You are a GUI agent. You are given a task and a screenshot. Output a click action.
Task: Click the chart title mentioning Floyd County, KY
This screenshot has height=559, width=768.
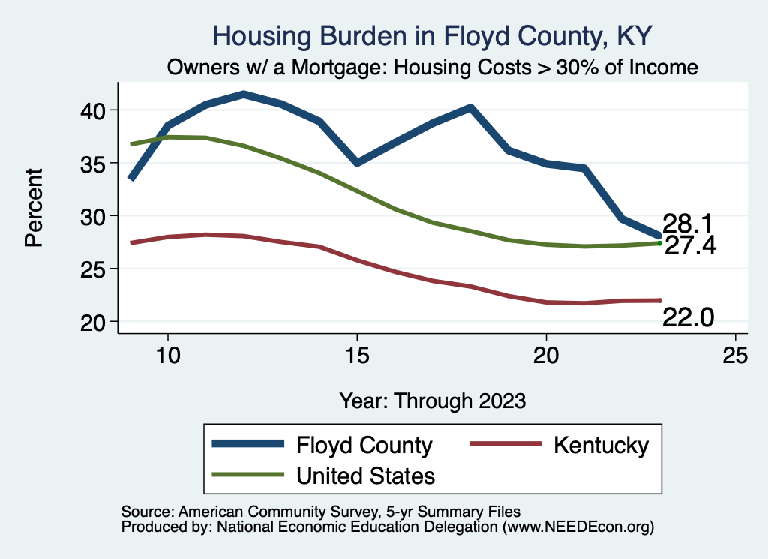(433, 35)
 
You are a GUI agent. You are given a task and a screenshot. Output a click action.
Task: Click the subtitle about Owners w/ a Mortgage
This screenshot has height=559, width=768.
(433, 68)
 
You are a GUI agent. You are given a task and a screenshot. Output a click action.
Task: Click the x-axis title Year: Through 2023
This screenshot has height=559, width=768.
(433, 400)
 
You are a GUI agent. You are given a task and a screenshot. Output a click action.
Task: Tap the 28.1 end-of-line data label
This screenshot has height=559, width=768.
(687, 224)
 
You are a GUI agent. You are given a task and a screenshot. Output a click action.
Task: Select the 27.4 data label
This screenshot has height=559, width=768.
(690, 245)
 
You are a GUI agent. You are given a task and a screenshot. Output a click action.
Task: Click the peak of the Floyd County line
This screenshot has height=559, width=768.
(244, 94)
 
